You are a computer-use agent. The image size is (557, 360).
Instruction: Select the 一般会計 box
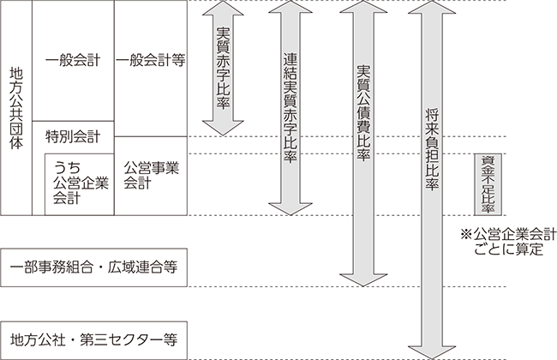(x=72, y=60)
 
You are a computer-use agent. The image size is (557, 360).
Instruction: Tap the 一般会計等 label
(x=150, y=60)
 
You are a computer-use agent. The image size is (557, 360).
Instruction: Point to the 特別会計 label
(x=72, y=135)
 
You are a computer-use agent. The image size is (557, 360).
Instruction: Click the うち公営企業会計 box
(x=79, y=183)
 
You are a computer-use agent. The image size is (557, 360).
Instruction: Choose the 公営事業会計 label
(x=150, y=174)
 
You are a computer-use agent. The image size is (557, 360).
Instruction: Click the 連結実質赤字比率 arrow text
(x=290, y=107)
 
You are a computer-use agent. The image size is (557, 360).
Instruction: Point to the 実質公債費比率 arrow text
(x=362, y=111)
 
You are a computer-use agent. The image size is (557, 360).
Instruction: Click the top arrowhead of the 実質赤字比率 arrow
(x=224, y=9)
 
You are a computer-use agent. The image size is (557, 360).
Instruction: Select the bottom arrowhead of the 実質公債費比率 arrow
(x=362, y=279)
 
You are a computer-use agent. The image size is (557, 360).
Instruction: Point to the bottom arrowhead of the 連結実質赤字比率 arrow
(x=290, y=207)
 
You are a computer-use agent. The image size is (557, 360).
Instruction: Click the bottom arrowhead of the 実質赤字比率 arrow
(x=224, y=128)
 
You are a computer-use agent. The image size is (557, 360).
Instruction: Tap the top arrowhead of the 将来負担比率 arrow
(x=431, y=9)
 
